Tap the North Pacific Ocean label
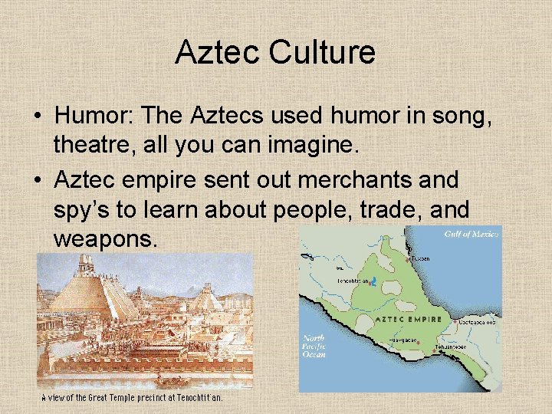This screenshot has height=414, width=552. click(314, 347)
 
